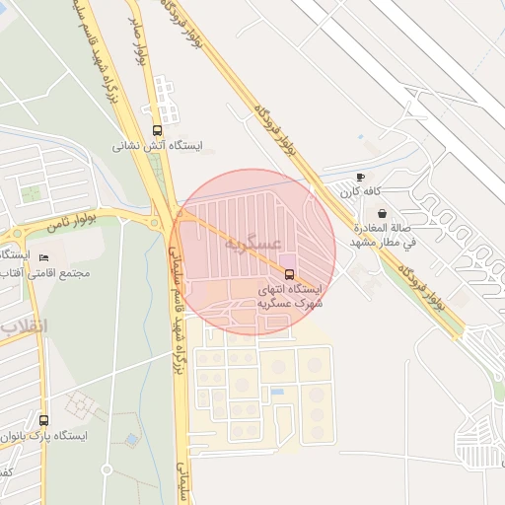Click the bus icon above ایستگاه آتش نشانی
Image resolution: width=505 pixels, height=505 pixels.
[158, 130]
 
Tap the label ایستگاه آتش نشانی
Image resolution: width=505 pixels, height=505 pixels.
[158, 146]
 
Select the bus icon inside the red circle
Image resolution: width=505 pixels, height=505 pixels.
[289, 273]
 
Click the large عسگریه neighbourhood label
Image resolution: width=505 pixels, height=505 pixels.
[253, 243]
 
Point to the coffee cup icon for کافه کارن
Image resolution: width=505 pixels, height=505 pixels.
[360, 178]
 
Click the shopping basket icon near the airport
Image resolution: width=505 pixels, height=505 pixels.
[382, 213]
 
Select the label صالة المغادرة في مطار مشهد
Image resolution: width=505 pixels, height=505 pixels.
[383, 234]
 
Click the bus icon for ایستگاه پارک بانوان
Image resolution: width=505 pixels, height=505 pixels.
[43, 420]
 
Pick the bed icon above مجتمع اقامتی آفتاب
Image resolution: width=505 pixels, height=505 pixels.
[43, 258]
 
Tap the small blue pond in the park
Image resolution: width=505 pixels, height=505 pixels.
[131, 439]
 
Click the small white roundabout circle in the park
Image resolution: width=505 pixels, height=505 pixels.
[120, 220]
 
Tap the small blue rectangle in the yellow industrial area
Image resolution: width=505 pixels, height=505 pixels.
[277, 392]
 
